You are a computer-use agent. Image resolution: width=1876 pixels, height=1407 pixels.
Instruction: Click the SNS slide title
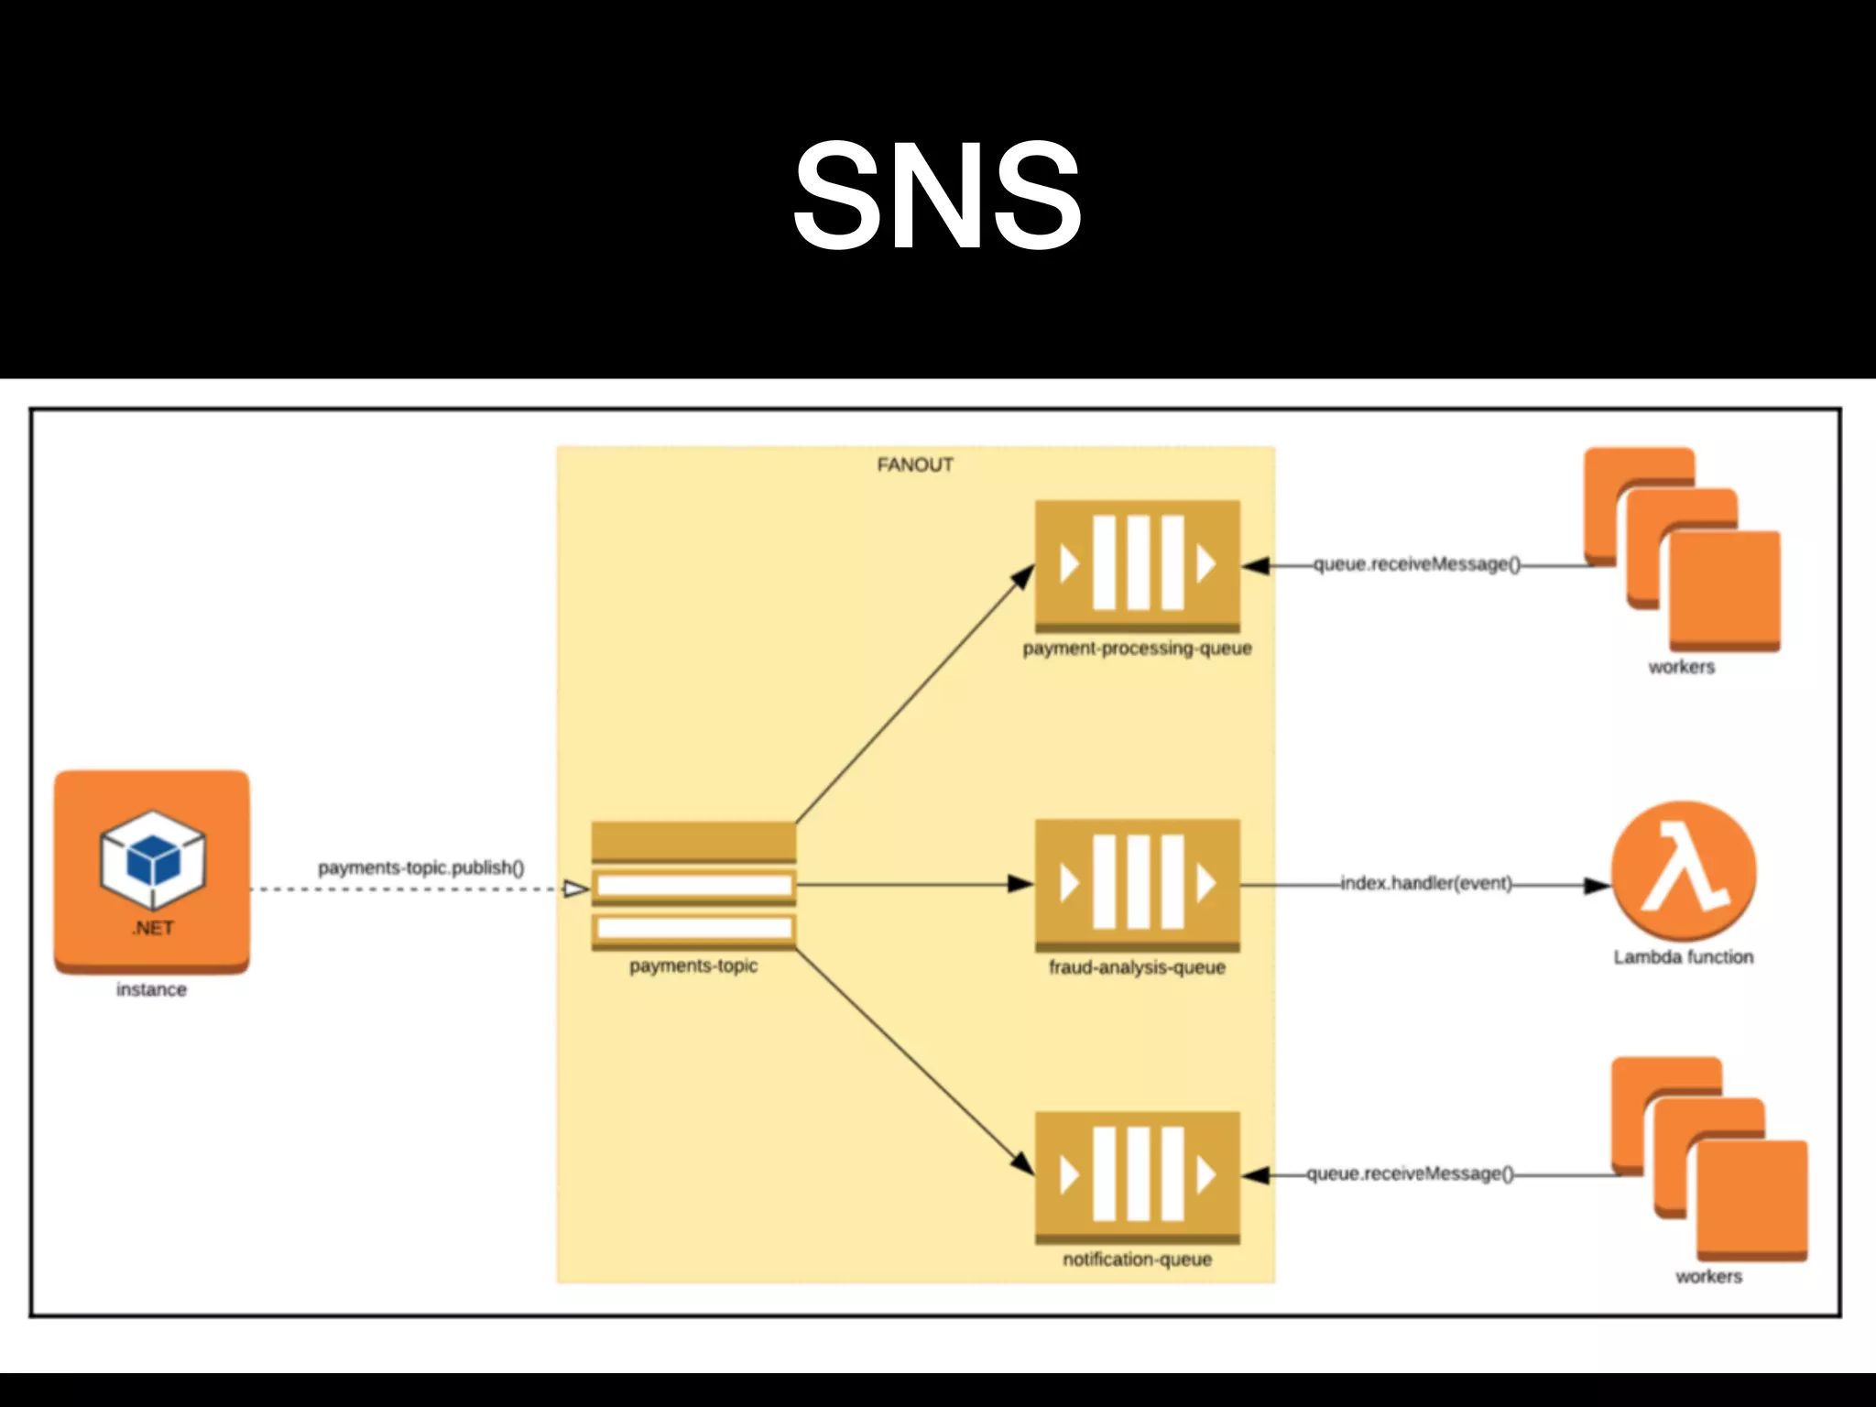(937, 194)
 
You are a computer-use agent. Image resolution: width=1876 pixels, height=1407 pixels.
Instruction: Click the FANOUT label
(915, 465)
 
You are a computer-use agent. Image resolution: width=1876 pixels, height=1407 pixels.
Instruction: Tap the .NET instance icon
(152, 871)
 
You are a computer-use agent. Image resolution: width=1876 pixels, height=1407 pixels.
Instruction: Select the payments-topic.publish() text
(420, 867)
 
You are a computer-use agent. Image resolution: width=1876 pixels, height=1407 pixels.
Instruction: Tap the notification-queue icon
(1137, 1176)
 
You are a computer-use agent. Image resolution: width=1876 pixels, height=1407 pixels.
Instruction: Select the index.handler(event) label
(1426, 883)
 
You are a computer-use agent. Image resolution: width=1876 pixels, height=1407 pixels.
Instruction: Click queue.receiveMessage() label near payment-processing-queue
(1416, 564)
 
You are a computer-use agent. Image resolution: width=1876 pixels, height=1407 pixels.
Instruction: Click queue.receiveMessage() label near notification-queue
(1410, 1173)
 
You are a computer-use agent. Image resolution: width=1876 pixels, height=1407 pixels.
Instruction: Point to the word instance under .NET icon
(151, 989)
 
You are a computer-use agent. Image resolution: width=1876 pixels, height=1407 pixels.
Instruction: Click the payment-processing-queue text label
(1137, 649)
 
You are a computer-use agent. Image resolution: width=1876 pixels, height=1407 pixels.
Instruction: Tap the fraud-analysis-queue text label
(1137, 967)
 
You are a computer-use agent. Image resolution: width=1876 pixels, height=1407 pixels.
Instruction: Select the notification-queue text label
(1137, 1260)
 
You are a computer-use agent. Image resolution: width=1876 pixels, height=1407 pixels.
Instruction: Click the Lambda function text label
(1684, 957)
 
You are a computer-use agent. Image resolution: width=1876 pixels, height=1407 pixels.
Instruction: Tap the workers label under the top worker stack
(1681, 667)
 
